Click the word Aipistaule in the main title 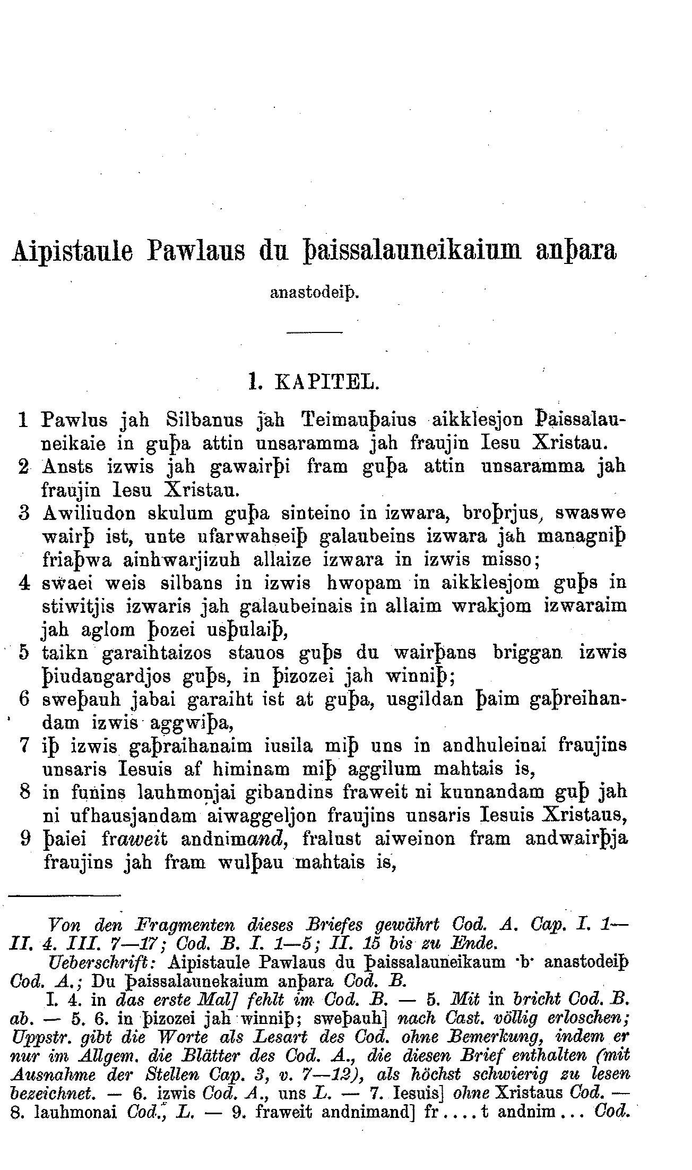pos(72,251)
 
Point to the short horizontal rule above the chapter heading pos(315,332)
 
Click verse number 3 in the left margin pos(23,514)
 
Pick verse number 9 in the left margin pos(23,839)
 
